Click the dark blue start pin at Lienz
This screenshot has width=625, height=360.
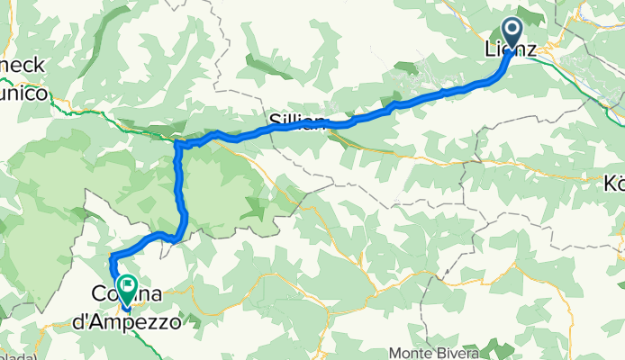pyautogui.click(x=512, y=34)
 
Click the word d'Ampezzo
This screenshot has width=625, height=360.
pyautogui.click(x=135, y=319)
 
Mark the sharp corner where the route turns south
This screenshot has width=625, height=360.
pyautogui.click(x=177, y=144)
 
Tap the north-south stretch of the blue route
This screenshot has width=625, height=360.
pyautogui.click(x=181, y=189)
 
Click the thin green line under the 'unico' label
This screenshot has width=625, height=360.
pyautogui.click(x=54, y=111)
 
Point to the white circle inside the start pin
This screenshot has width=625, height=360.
pyautogui.click(x=512, y=30)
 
